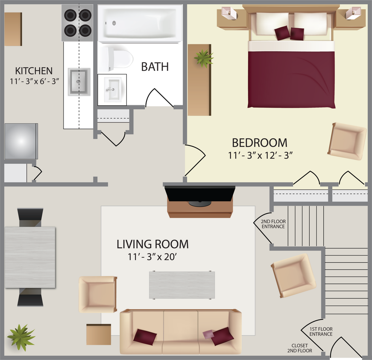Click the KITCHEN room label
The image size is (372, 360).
pyautogui.click(x=34, y=71)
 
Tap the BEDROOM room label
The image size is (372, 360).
pyautogui.click(x=259, y=142)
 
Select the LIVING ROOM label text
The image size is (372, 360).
pyautogui.click(x=152, y=244)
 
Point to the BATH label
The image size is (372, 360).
pyautogui.click(x=155, y=67)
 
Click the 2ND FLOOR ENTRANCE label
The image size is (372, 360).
pyautogui.click(x=273, y=224)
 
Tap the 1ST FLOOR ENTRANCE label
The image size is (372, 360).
pyautogui.click(x=321, y=331)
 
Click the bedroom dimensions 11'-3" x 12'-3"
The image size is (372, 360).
pyautogui.click(x=260, y=155)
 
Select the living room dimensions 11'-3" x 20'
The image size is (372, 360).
pyautogui.click(x=152, y=257)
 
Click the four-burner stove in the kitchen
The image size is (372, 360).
pyautogui.click(x=77, y=23)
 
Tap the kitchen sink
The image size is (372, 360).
pyautogui.click(x=79, y=81)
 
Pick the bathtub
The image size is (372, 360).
pyautogui.click(x=140, y=23)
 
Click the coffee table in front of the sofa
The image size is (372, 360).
pyautogui.click(x=182, y=285)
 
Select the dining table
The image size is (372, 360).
pyautogui.click(x=30, y=257)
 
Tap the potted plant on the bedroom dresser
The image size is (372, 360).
pyautogui.click(x=203, y=58)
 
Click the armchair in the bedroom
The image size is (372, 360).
pyautogui.click(x=347, y=141)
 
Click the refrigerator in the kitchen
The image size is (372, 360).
pyautogui.click(x=21, y=141)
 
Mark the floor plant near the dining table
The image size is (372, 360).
pyautogui.click(x=21, y=337)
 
